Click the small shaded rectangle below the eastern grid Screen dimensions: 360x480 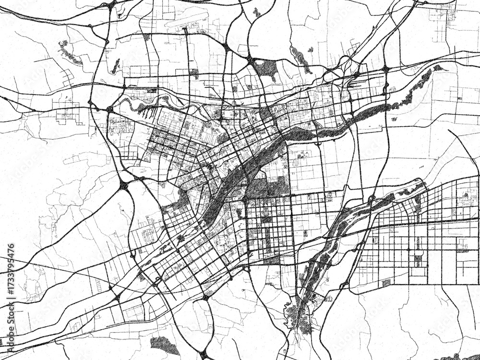pyautogui.click(x=386, y=283)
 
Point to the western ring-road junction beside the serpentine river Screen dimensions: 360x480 pyautogui.click(x=110, y=109)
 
